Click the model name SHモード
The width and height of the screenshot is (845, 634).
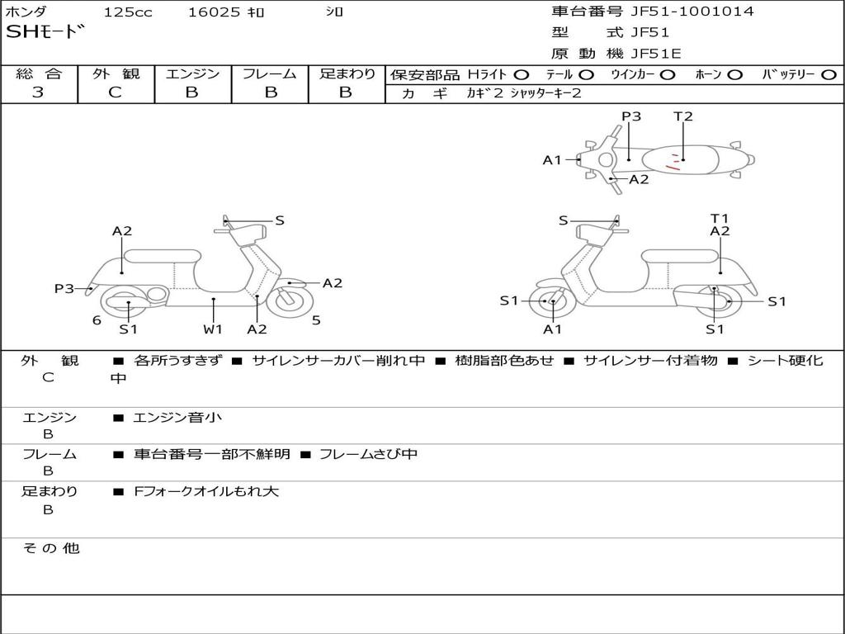tap(45, 33)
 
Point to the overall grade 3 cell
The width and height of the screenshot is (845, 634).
tap(38, 92)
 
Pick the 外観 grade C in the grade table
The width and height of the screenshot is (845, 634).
tap(116, 92)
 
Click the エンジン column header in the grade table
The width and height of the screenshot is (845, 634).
tap(192, 73)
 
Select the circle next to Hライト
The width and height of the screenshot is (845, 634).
tap(522, 74)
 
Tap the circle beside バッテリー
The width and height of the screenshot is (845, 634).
tap(828, 74)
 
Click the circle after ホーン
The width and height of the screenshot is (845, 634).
tap(734, 74)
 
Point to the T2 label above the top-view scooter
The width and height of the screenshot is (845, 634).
tap(683, 116)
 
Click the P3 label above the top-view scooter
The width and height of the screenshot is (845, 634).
tap(631, 116)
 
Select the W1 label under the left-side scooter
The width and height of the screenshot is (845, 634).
tap(213, 329)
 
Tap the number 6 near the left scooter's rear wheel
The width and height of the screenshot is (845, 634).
tap(97, 320)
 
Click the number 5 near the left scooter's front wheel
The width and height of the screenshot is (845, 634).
tap(316, 320)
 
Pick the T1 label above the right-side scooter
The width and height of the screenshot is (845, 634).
tap(720, 218)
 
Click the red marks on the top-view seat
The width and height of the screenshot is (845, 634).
tap(675, 162)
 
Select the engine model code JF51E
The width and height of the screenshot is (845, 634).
tap(656, 54)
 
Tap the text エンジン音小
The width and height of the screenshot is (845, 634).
tap(177, 418)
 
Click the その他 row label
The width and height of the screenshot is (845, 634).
tap(50, 548)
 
